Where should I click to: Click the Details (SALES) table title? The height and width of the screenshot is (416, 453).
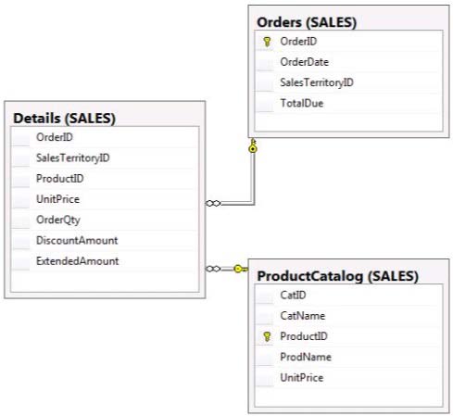tap(64, 119)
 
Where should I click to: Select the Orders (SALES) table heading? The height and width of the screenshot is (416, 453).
tap(307, 22)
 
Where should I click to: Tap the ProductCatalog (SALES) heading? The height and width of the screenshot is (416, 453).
tap(338, 276)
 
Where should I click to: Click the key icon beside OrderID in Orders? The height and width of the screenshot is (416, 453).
tap(267, 42)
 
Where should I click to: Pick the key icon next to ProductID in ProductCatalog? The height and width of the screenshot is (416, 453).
tap(267, 336)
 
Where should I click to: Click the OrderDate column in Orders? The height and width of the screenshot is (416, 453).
tap(304, 62)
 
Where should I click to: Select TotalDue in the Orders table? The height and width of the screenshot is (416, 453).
tap(302, 103)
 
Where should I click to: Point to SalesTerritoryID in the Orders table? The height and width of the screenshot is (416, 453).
tap(317, 82)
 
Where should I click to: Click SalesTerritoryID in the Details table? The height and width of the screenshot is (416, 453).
tap(73, 158)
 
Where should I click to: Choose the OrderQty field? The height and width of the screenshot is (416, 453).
tap(58, 220)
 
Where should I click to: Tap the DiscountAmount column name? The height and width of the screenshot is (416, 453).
tap(77, 240)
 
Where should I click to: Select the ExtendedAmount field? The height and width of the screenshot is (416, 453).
tap(77, 261)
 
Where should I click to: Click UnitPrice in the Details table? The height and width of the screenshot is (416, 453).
tap(57, 199)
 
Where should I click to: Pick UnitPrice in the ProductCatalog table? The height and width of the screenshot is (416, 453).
tap(302, 377)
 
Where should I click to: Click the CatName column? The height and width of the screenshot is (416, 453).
tap(303, 316)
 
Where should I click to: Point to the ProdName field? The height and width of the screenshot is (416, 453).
tap(306, 357)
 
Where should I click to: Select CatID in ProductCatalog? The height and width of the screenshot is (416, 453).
tap(293, 295)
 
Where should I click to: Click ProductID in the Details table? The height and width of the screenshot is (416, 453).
tap(60, 179)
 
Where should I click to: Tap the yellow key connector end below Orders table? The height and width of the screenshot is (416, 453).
tap(253, 145)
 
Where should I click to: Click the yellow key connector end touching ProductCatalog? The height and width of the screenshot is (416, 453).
tap(241, 269)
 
